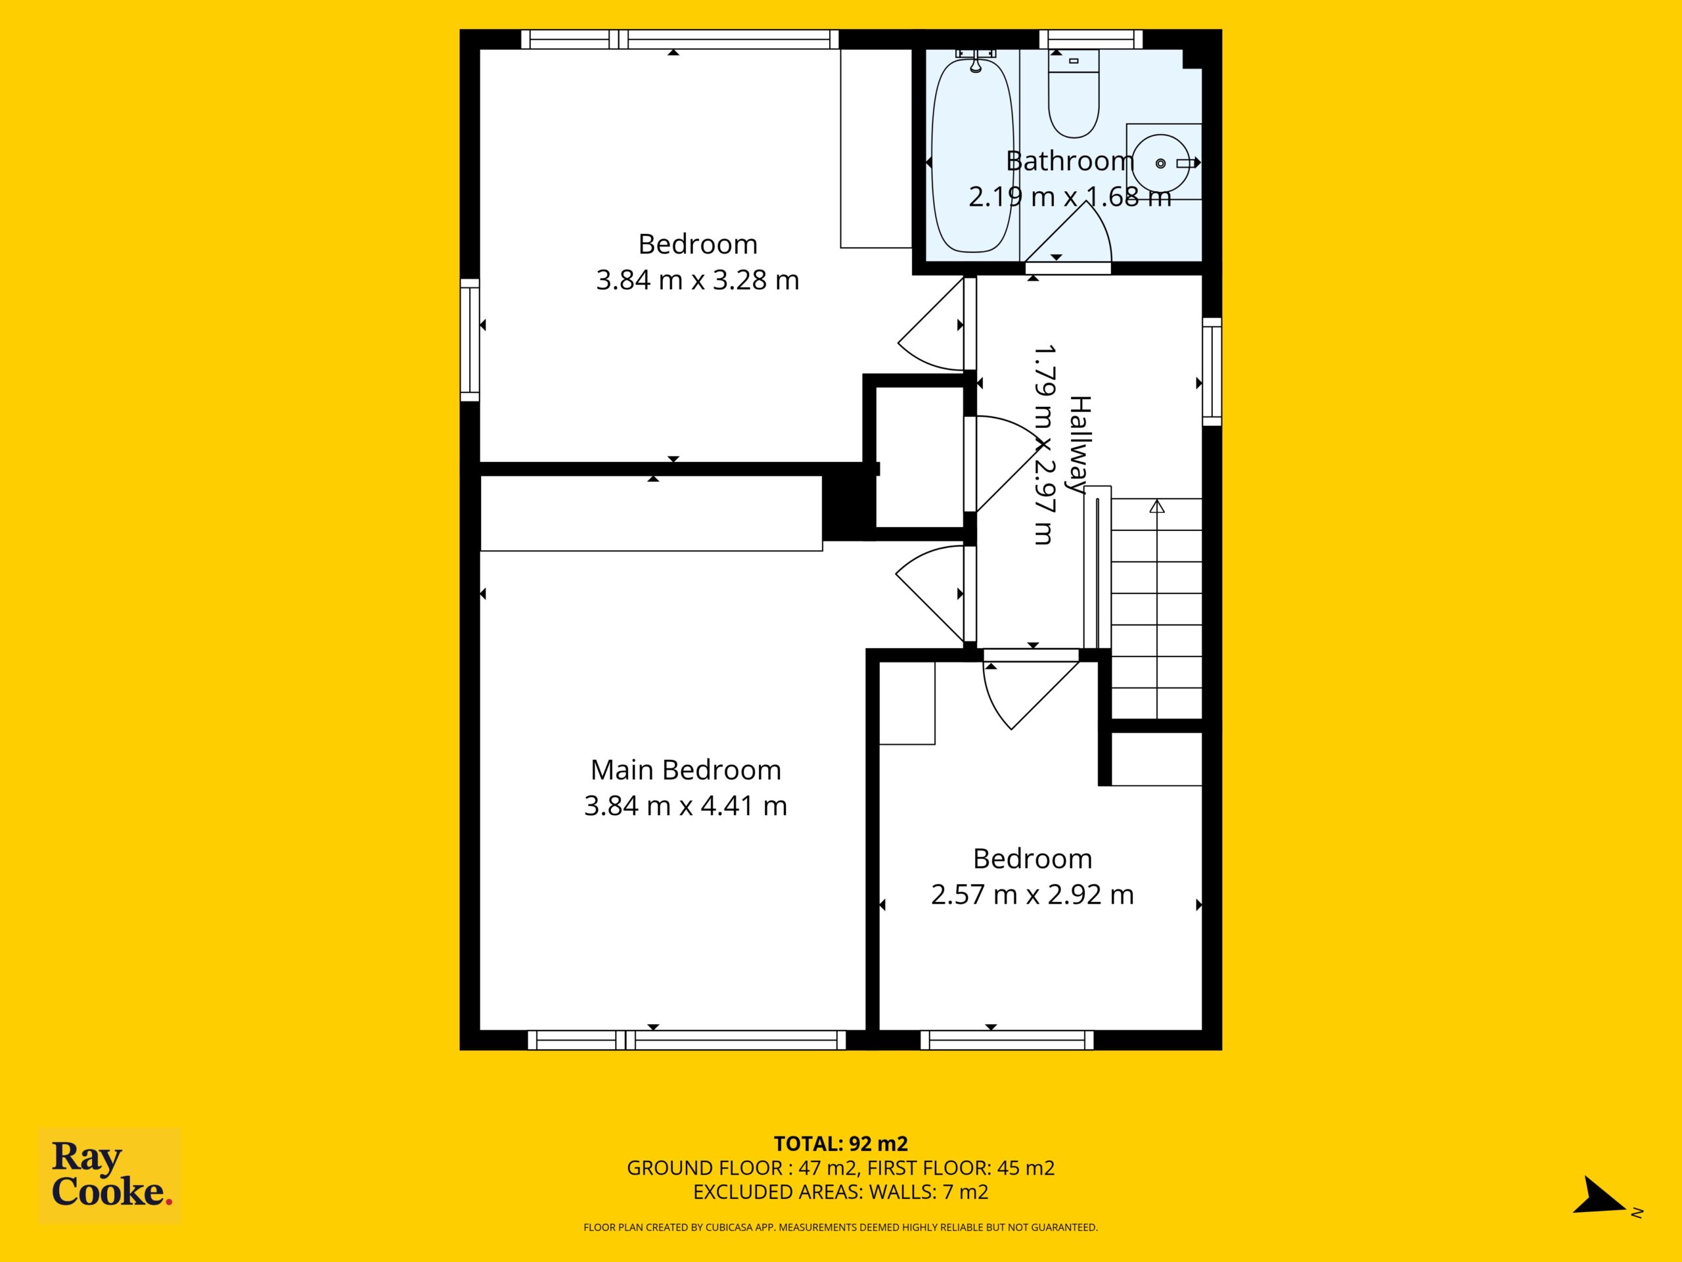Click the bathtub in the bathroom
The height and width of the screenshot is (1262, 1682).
[972, 154]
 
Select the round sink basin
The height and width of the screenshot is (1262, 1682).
[1160, 163]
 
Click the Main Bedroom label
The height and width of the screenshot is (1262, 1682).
[686, 770]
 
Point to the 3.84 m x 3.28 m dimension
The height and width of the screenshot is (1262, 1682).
[697, 280]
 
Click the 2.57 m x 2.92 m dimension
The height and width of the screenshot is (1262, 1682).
[1033, 895]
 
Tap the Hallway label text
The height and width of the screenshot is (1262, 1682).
[1080, 445]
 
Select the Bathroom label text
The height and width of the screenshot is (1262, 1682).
[1070, 161]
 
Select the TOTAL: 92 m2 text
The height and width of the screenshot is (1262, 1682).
[841, 1143]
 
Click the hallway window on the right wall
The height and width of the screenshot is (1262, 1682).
[1212, 372]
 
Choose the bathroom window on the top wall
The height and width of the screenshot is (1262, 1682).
[1091, 39]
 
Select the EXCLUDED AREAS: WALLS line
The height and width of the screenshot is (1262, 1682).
[841, 1192]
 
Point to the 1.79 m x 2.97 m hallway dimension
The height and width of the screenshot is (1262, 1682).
[1043, 445]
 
